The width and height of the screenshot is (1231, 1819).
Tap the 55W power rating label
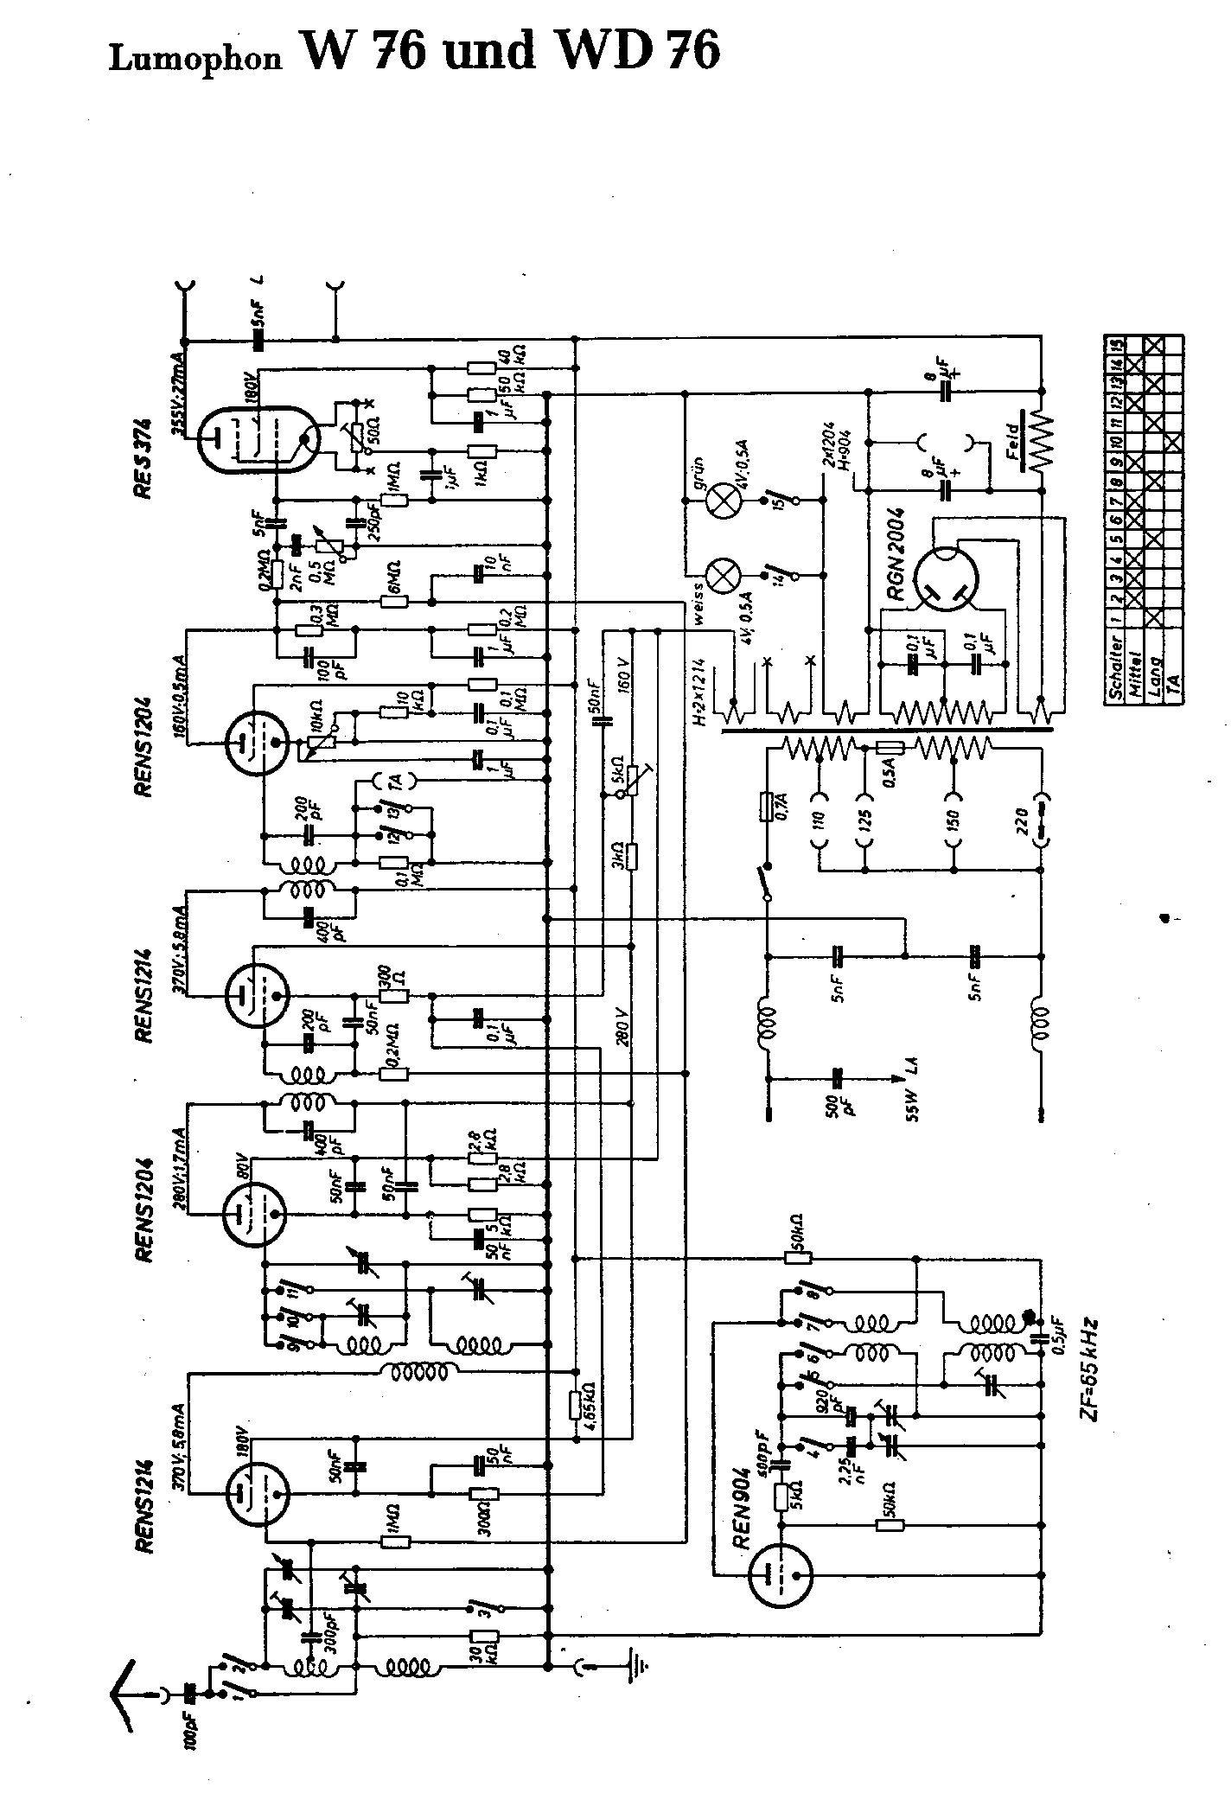click(914, 1107)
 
